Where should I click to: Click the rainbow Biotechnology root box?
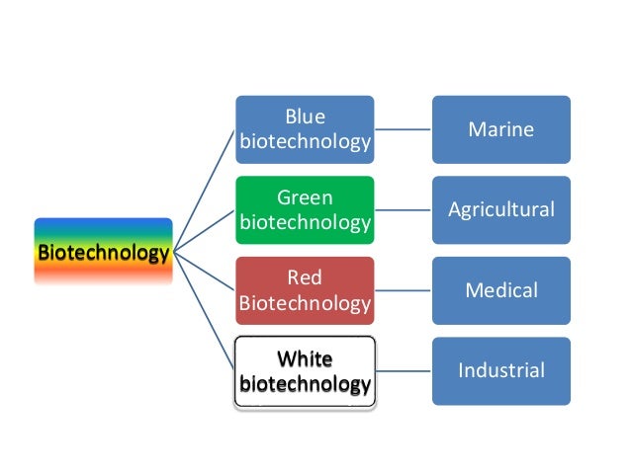[103, 252]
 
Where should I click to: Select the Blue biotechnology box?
[305, 128]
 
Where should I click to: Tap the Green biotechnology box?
[305, 209]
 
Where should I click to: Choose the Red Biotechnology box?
[305, 290]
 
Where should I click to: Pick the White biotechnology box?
[305, 370]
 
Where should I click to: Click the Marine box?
[500, 128]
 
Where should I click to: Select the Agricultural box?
[500, 209]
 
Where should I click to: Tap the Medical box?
[500, 290]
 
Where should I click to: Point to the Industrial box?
[500, 370]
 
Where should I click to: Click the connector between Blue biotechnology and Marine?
[403, 128]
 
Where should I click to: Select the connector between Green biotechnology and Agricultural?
[403, 209]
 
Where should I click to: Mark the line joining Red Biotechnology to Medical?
[403, 290]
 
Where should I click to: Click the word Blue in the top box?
[305, 116]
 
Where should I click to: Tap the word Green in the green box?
[305, 197]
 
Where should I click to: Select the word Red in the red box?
[305, 277]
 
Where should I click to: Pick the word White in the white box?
[305, 357]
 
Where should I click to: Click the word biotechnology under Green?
[305, 222]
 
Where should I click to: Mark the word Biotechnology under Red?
[305, 303]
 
